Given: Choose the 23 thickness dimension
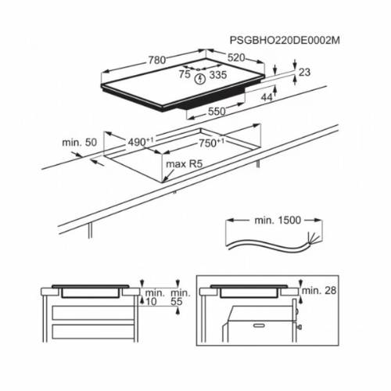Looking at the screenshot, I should click(305, 72).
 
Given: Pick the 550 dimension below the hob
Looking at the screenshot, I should click(215, 112).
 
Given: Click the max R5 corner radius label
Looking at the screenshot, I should click(181, 164).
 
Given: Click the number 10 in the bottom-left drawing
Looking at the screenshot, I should click(150, 300).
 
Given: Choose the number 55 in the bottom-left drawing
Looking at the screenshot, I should click(178, 300).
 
